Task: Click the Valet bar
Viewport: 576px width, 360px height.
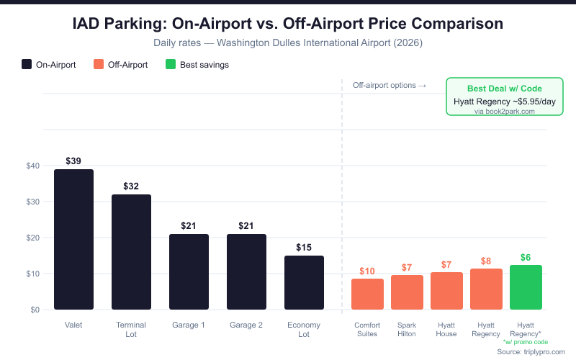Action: tap(73, 240)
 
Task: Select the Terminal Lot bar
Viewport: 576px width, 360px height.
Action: tap(131, 252)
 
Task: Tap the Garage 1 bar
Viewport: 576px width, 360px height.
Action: tap(189, 272)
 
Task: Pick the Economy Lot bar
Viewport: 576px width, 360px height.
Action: tap(304, 283)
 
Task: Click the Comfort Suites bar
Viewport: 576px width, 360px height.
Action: tap(367, 294)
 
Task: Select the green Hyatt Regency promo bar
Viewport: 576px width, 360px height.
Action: tap(526, 287)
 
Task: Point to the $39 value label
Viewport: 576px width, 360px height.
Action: tap(73, 161)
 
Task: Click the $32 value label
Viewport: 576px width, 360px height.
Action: tap(131, 186)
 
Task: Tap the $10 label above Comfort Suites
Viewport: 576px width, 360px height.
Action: tap(367, 271)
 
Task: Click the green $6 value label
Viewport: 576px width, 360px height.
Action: tap(526, 257)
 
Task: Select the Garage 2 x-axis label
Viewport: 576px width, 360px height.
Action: tap(246, 325)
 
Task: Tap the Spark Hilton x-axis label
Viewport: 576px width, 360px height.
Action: tap(407, 329)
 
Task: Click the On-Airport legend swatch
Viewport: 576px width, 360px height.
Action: tap(27, 64)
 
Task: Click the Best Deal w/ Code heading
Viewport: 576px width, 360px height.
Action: tap(504, 89)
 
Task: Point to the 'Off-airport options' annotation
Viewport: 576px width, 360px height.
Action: tap(390, 85)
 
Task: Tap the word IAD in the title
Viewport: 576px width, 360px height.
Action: tap(91, 24)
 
